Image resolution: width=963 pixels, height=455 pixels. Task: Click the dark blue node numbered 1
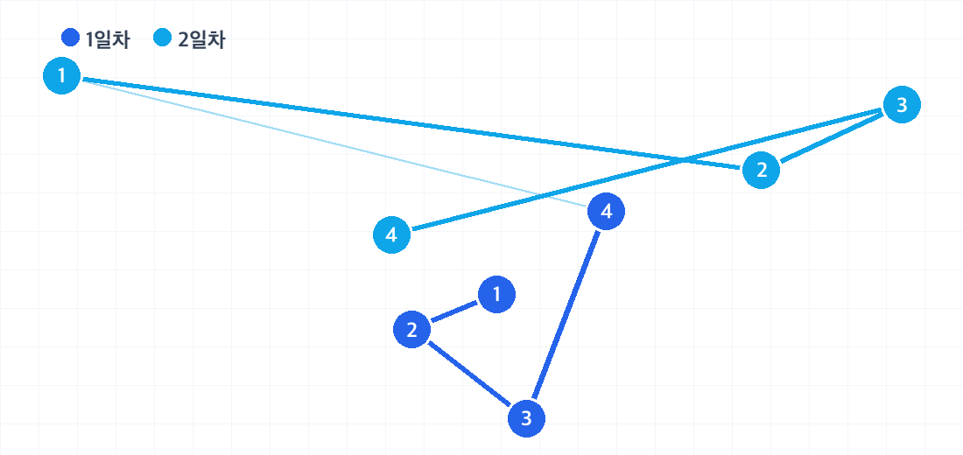pyautogui.click(x=496, y=295)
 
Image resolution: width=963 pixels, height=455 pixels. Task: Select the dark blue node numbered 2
pyautogui.click(x=411, y=330)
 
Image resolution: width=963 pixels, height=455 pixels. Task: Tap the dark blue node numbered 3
pyautogui.click(x=526, y=419)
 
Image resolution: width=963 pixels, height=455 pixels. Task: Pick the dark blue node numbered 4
pyautogui.click(x=606, y=211)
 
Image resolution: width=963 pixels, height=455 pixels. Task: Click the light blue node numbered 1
pyautogui.click(x=61, y=76)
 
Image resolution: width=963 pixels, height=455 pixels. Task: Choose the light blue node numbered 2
pyautogui.click(x=761, y=170)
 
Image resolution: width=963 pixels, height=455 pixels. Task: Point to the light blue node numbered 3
pyautogui.click(x=902, y=105)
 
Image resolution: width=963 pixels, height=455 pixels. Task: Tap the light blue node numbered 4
pyautogui.click(x=392, y=234)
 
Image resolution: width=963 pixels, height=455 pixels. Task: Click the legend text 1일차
pyautogui.click(x=108, y=40)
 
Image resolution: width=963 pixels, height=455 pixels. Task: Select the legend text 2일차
pyautogui.click(x=201, y=40)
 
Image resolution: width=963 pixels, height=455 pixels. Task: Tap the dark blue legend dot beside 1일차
pyautogui.click(x=71, y=38)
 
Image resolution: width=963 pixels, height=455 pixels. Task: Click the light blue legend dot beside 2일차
pyautogui.click(x=162, y=38)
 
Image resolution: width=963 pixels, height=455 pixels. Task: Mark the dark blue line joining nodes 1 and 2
pyautogui.click(x=454, y=311)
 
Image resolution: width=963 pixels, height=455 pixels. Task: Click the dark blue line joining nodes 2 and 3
pyautogui.click(x=469, y=374)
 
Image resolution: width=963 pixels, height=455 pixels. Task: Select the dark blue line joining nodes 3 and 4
pyautogui.click(x=566, y=315)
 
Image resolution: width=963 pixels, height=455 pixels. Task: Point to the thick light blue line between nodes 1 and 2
pyautogui.click(x=411, y=122)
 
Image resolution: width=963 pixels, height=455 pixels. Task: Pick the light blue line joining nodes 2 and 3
pyautogui.click(x=832, y=137)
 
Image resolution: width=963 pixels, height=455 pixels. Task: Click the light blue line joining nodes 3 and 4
pyautogui.click(x=647, y=170)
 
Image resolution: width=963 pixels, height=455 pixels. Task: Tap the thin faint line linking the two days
pyautogui.click(x=334, y=143)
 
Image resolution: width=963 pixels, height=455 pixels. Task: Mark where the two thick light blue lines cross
pyautogui.click(x=683, y=161)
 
